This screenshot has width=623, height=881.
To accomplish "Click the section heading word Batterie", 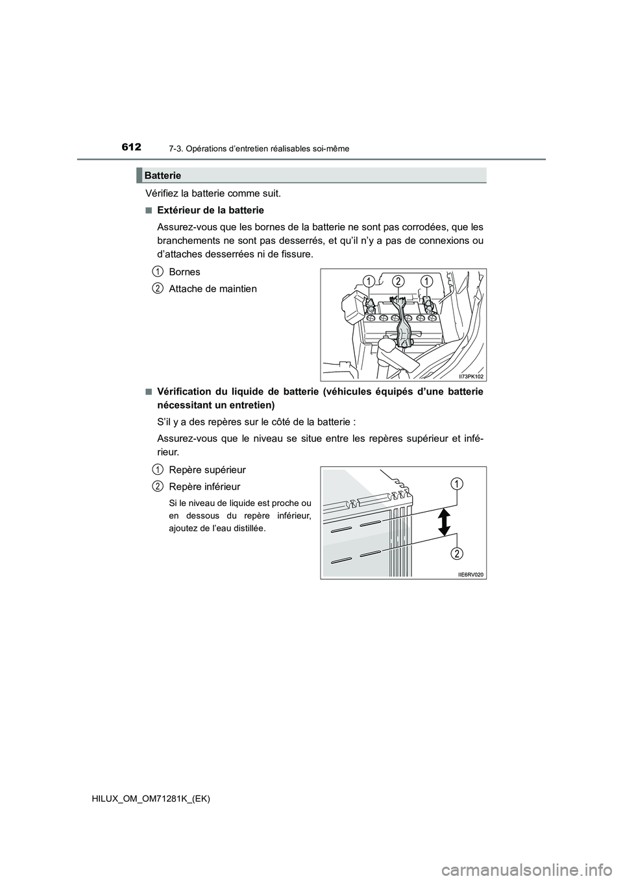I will (x=163, y=175).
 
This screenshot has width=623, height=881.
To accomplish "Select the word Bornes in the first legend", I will (x=184, y=271).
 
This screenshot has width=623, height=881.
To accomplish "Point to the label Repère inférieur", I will (x=204, y=486).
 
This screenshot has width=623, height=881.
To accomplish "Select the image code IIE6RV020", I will (x=470, y=573).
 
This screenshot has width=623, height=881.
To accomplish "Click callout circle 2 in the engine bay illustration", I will (x=398, y=281).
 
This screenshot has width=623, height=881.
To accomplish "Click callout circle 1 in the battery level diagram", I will (x=457, y=483).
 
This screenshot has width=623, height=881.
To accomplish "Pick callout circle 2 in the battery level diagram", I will (x=457, y=553).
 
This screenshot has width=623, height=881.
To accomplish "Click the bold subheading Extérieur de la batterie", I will (x=210, y=210).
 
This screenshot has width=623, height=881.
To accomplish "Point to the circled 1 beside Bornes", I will (x=158, y=271).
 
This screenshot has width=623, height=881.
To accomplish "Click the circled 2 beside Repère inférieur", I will (x=158, y=486).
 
